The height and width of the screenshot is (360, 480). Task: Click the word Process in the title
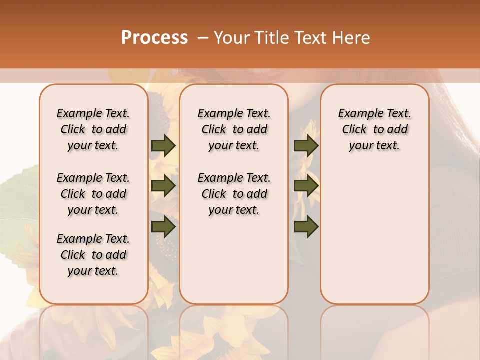(x=154, y=38)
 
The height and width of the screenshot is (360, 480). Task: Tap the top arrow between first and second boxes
(x=163, y=145)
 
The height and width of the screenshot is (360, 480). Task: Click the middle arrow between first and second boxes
(x=163, y=186)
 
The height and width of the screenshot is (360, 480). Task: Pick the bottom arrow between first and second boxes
(x=163, y=227)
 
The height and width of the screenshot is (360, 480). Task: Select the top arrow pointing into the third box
(x=306, y=145)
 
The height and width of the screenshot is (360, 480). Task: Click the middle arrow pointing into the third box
(x=306, y=186)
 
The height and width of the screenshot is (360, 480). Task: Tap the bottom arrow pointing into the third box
(x=306, y=227)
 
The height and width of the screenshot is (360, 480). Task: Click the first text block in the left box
(x=93, y=129)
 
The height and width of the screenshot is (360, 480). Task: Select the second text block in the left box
(x=93, y=194)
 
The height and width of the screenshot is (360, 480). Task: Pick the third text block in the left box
(x=93, y=255)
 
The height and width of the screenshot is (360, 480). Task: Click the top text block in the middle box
(x=234, y=129)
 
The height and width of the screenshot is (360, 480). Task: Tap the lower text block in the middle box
(x=234, y=194)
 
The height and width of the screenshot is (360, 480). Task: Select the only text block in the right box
(x=374, y=129)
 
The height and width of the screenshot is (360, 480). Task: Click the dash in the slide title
(x=203, y=38)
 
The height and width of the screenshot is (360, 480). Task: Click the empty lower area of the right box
(x=374, y=235)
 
